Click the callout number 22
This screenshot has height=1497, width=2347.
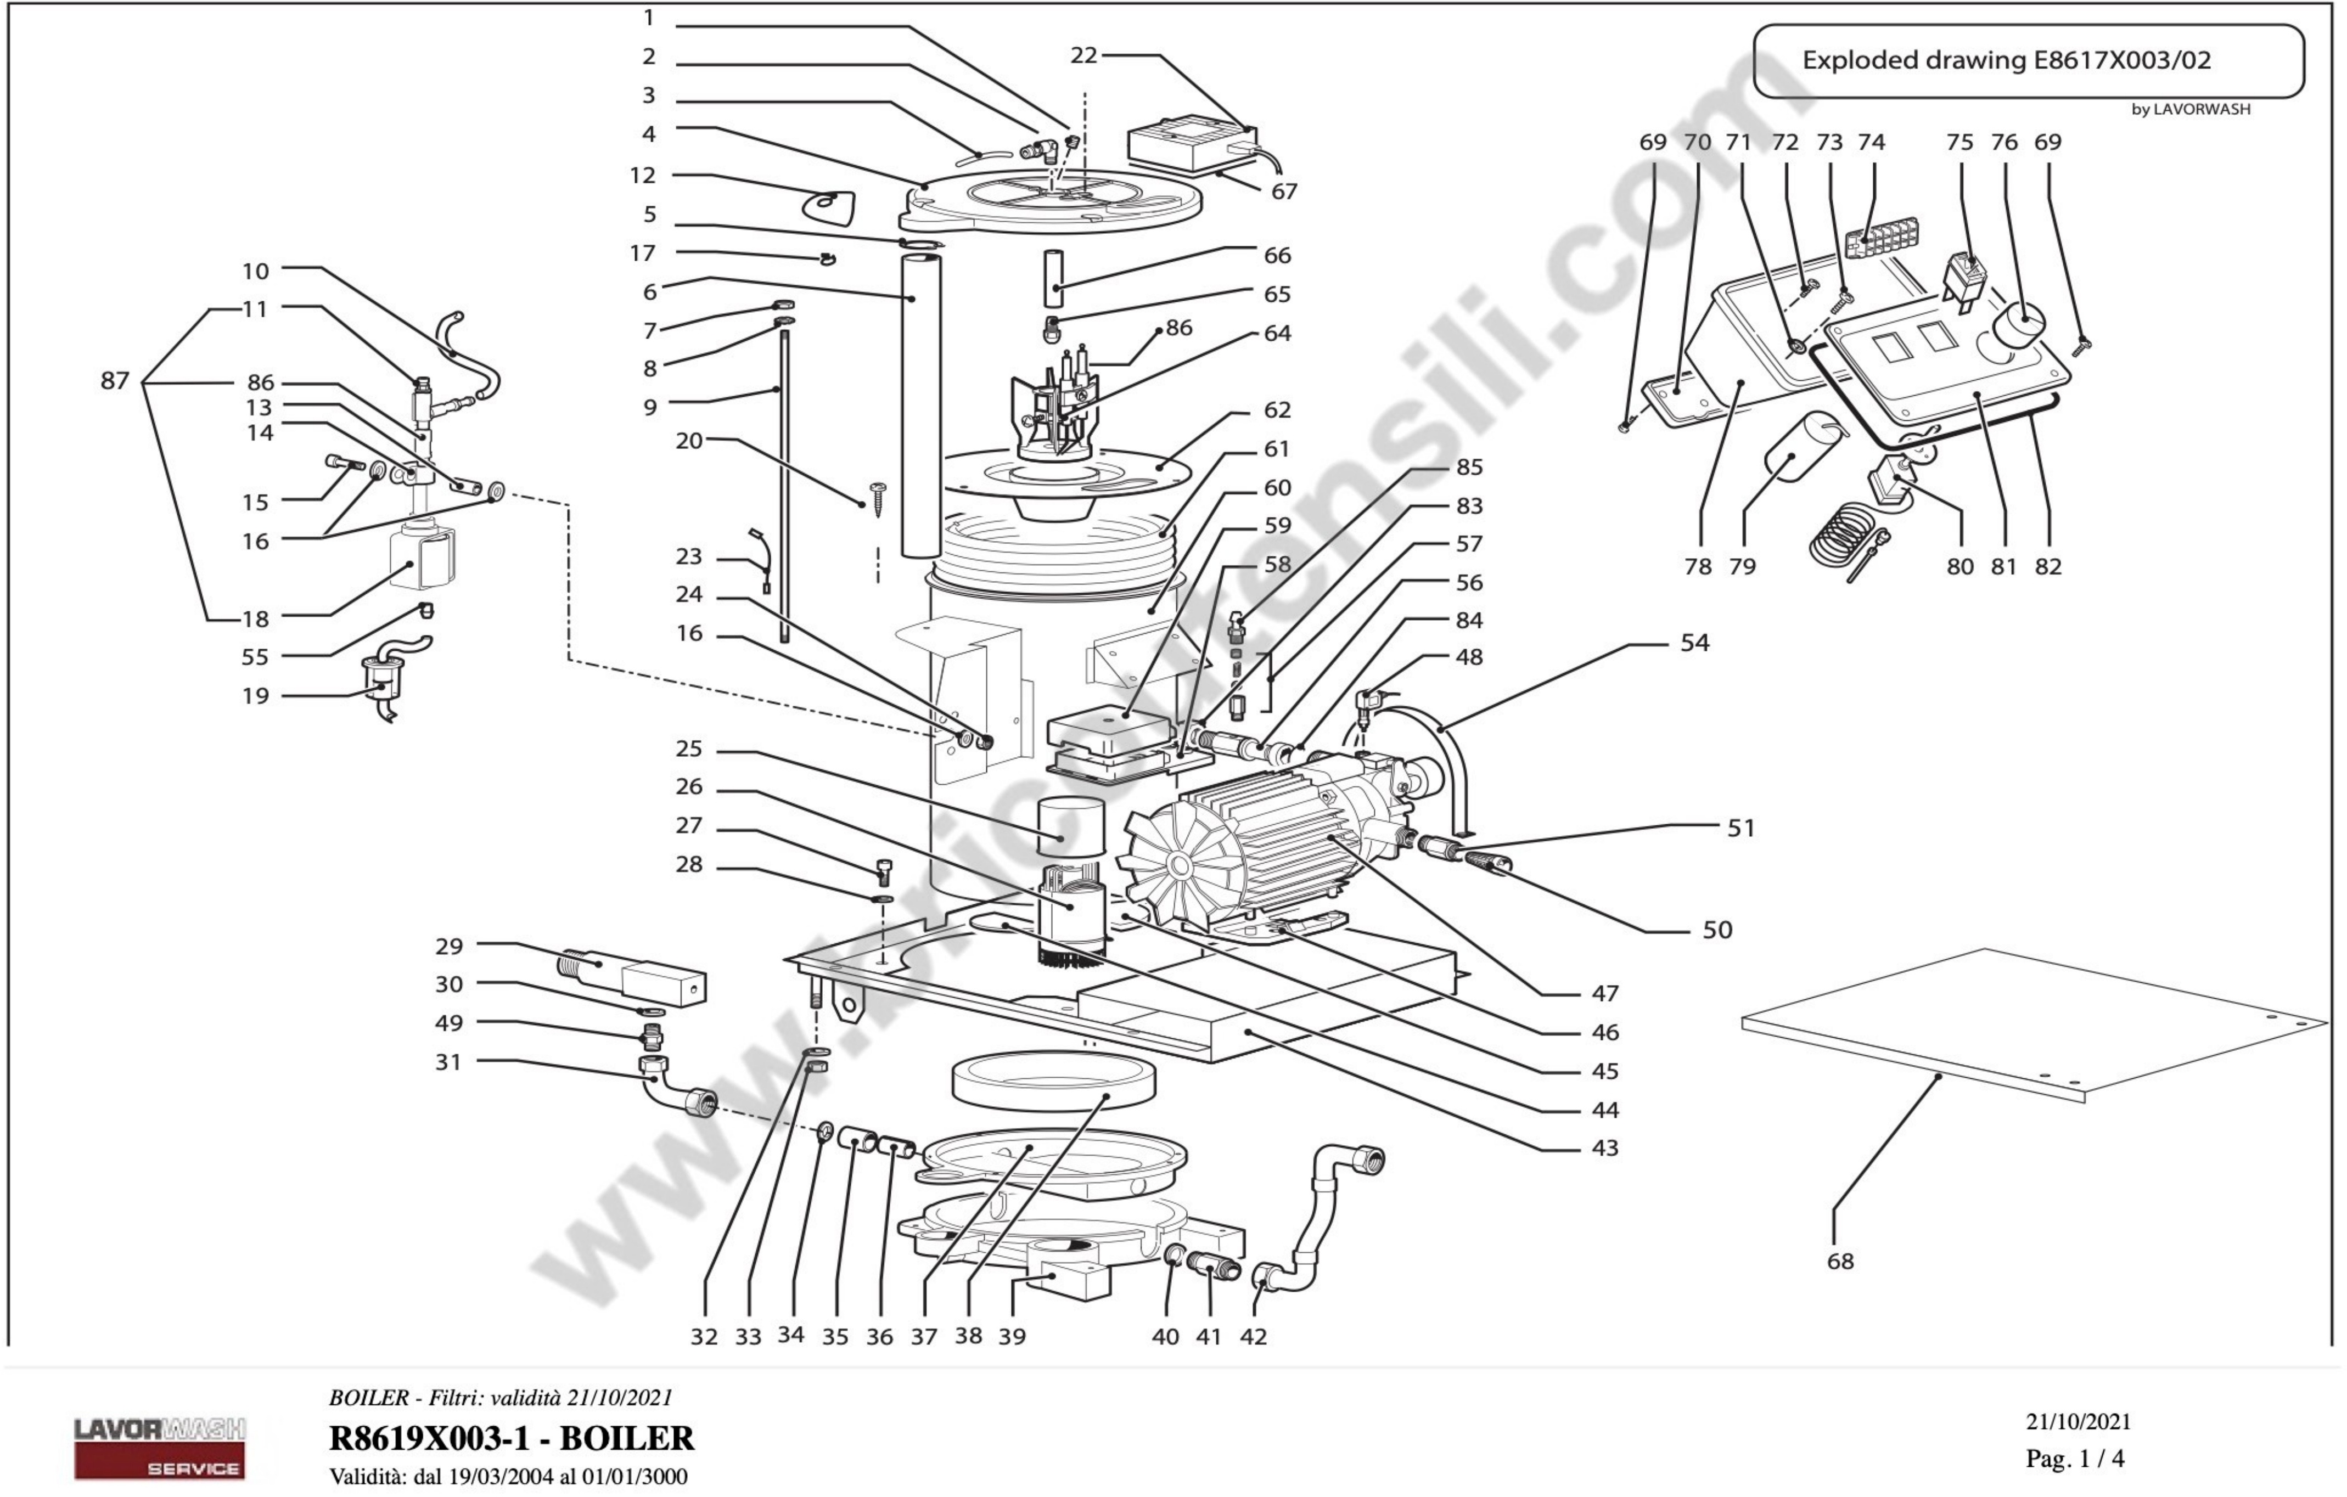point(1083,55)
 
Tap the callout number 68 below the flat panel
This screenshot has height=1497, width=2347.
point(1839,1261)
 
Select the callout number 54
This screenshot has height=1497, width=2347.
point(1694,643)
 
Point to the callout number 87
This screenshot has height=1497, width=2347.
point(115,381)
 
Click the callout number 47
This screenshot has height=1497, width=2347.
point(1604,994)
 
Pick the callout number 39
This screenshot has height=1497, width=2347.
point(1012,1336)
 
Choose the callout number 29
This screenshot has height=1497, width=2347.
point(448,947)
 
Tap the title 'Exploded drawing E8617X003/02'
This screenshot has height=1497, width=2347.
point(2006,60)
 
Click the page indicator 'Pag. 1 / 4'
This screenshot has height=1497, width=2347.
point(2074,1459)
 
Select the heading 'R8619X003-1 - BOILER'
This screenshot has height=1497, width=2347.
point(512,1438)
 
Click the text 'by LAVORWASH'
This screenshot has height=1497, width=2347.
point(2190,109)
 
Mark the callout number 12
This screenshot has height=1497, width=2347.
point(642,176)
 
